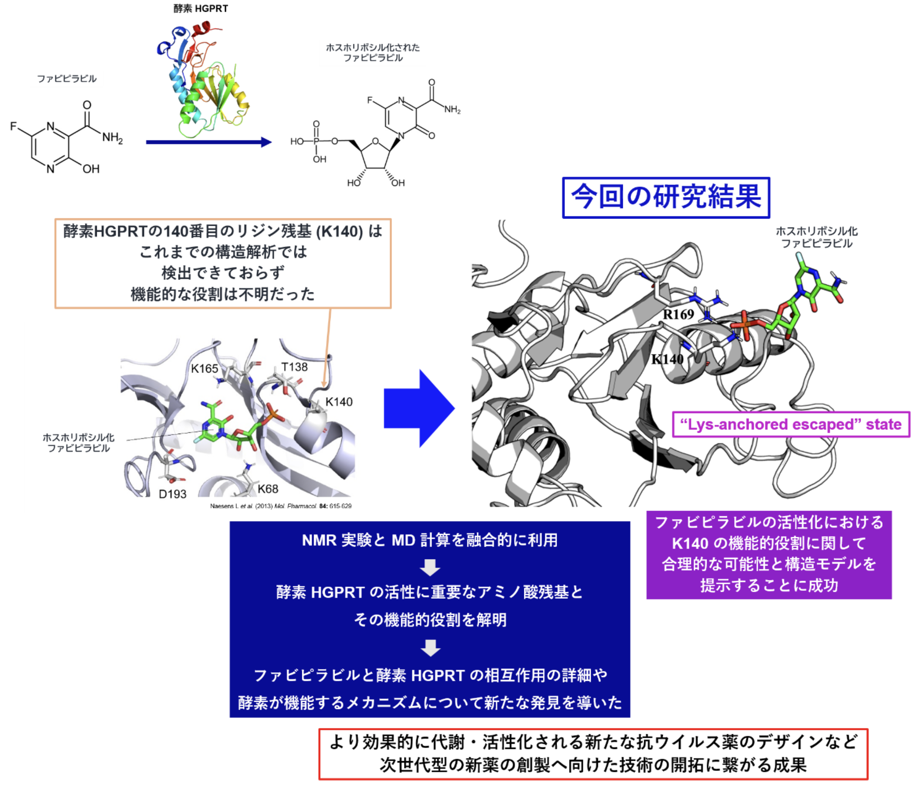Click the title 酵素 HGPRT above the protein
pos(201,9)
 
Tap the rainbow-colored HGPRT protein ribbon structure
pos(203,80)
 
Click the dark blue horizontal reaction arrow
pos(209,142)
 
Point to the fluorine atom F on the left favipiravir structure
pos(13,127)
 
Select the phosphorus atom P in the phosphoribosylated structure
pos(316,142)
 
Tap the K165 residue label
pos(205,369)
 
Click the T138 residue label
pos(294,367)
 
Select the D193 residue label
pos(173,494)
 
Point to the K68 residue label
pos(268,489)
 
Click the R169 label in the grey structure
pos(678,314)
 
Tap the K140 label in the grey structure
pos(667,359)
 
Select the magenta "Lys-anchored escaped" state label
pos(791,424)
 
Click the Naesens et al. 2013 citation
pos(281,506)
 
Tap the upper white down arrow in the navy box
pos(430,568)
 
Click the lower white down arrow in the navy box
pos(430,648)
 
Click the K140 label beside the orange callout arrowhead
pos(339,402)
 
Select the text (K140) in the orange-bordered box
pos(339,231)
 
